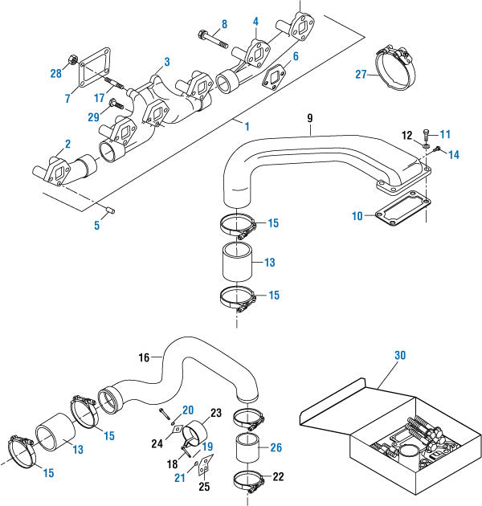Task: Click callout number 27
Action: click(x=361, y=75)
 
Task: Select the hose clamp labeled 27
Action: click(x=396, y=63)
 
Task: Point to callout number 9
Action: click(x=309, y=117)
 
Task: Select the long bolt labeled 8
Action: click(x=211, y=36)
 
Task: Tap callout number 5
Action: click(x=97, y=226)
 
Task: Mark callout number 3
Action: click(x=167, y=61)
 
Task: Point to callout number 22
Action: click(x=278, y=476)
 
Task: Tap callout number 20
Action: click(x=188, y=410)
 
